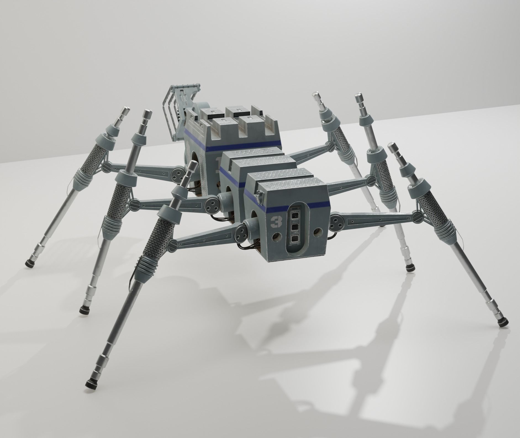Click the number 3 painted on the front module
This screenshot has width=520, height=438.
(275, 222)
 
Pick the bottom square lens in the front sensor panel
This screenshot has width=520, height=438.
(294, 239)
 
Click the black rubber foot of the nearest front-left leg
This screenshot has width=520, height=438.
(90, 384)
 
